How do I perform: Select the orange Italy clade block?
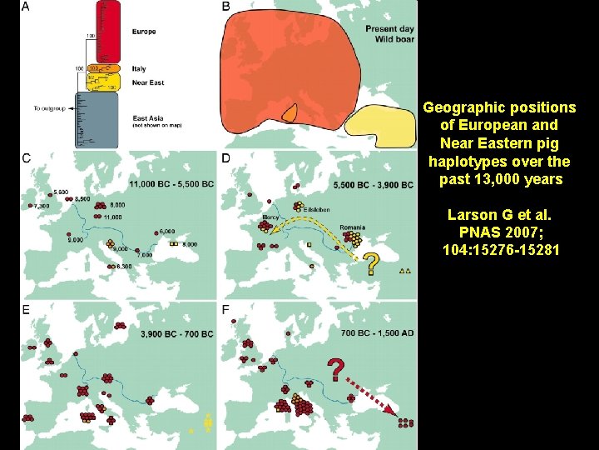tap(105, 68)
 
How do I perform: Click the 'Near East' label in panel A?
tap(148, 83)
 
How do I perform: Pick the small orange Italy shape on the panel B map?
tap(290, 112)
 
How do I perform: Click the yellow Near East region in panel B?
tap(380, 126)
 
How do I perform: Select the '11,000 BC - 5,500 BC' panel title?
tap(171, 184)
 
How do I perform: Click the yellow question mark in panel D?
tap(374, 265)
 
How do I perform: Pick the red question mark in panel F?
tap(335, 369)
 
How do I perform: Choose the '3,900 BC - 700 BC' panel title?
tap(177, 334)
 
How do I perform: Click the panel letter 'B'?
tap(225, 7)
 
